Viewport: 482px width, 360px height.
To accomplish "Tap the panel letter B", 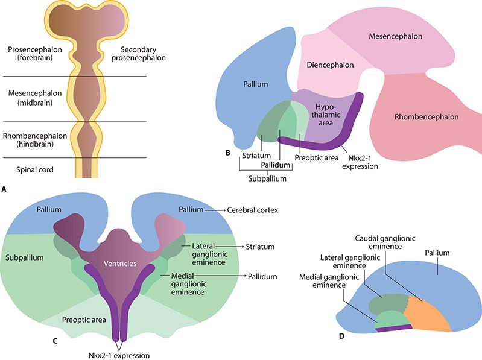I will pos(227,153).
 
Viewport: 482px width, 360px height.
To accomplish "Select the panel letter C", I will pos(55,341).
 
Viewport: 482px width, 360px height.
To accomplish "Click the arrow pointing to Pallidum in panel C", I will pos(235,276).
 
